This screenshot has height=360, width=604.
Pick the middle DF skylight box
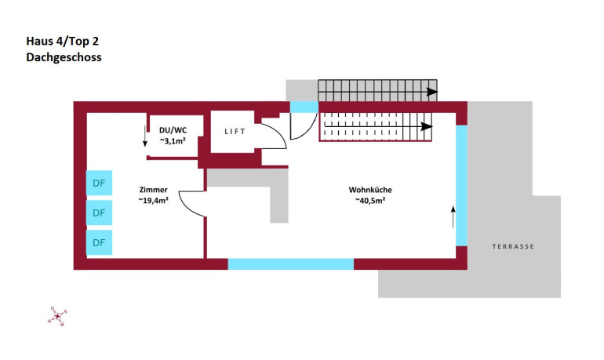[x=99, y=213]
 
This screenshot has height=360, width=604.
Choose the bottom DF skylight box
[x=99, y=242]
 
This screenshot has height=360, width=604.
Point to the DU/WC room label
[x=173, y=130]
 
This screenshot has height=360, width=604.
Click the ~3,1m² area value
[x=173, y=141]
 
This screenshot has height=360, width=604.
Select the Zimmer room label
[x=153, y=190]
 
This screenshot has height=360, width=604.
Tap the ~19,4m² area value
[x=153, y=201]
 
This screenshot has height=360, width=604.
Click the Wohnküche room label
[x=370, y=190]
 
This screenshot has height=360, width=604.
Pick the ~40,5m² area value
[x=370, y=201]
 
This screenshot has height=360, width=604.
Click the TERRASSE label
[x=513, y=246]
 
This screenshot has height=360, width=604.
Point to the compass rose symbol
[x=57, y=315]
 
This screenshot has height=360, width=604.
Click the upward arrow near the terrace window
[x=453, y=216]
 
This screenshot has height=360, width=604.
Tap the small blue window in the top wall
[x=304, y=107]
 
